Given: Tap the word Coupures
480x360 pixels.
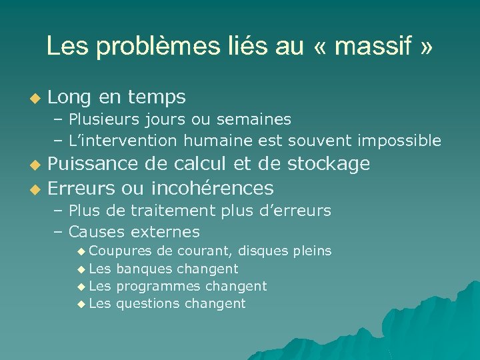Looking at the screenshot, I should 121,251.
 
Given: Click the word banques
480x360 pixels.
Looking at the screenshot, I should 142,269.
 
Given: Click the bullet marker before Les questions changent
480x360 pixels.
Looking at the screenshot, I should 81,304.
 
